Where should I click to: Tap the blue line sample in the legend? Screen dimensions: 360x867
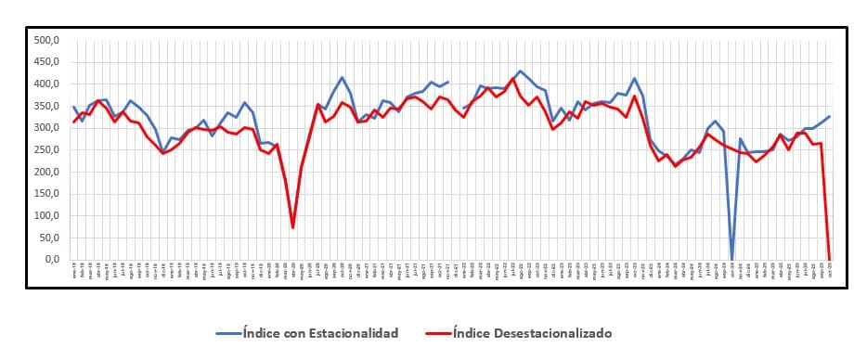(227, 332)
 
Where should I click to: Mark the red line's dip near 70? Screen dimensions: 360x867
(292, 227)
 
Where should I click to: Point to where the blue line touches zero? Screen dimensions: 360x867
(731, 259)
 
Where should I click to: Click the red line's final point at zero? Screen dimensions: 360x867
(829, 259)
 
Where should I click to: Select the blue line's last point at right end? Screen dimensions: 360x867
(829, 117)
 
